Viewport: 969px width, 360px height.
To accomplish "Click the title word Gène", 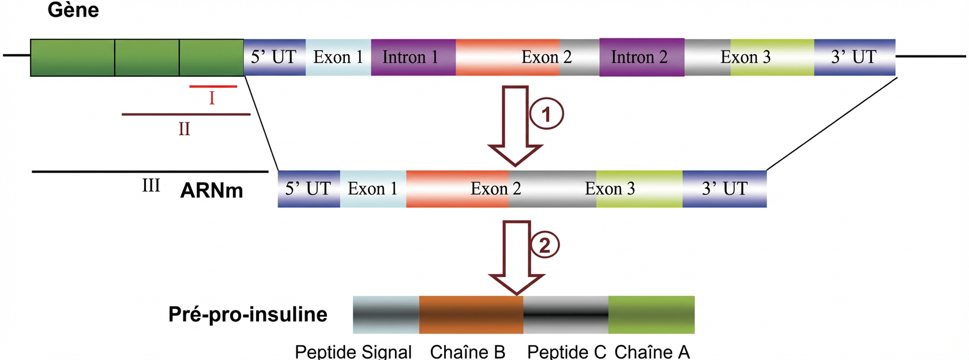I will coord(73,10).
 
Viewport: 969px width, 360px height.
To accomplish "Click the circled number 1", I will coord(546,114).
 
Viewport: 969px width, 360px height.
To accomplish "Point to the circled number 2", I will coord(544,245).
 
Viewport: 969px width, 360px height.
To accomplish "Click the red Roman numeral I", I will coord(212,99).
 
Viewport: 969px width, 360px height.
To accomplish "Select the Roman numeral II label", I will coord(184,129).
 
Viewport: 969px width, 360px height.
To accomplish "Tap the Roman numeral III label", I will coord(151,186).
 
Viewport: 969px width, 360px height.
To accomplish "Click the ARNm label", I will coord(212,190).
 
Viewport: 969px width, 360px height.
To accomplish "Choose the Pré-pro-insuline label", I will coord(247,314).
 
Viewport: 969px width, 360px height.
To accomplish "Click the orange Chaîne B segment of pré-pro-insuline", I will coord(471,314).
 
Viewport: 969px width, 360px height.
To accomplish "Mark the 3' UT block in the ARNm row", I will coord(724,189).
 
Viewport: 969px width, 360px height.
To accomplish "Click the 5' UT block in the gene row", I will coord(274,57).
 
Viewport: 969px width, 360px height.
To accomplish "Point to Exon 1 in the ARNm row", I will coord(373,189).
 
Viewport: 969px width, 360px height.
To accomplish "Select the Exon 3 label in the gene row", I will coord(745,57).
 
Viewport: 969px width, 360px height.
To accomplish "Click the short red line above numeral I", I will coord(213,87).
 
